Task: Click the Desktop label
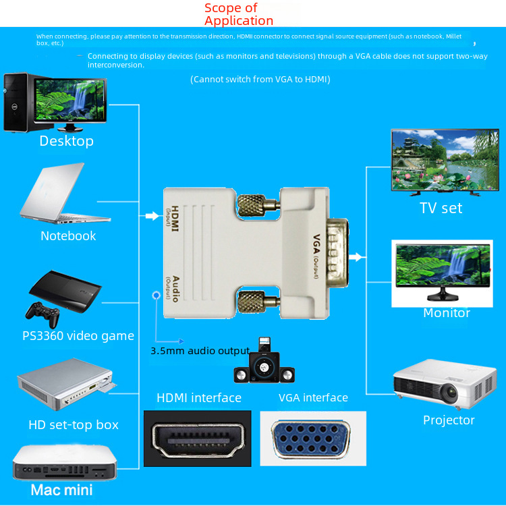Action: point(66,141)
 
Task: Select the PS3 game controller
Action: point(40,311)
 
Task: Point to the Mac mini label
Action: point(61,489)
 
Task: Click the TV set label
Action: point(441,208)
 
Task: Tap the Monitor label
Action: point(446,312)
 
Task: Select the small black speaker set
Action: point(262,364)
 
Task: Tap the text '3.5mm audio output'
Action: point(200,351)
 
